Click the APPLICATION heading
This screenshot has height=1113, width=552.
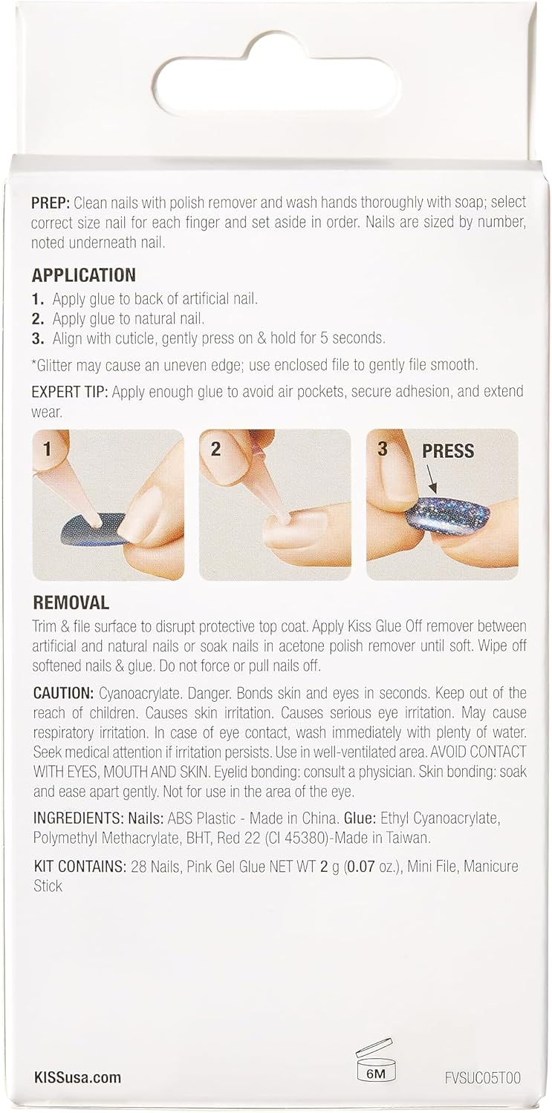point(83,275)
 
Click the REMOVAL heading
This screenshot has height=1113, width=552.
point(71,603)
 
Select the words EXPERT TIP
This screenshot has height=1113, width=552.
point(70,392)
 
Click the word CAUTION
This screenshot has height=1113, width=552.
point(63,692)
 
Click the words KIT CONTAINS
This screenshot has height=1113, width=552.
point(79,867)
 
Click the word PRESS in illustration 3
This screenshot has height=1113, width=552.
point(448,451)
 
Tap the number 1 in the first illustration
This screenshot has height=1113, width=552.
point(48,449)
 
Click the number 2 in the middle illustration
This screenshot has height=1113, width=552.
point(215,449)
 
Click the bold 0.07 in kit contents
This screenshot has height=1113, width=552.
point(363,867)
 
